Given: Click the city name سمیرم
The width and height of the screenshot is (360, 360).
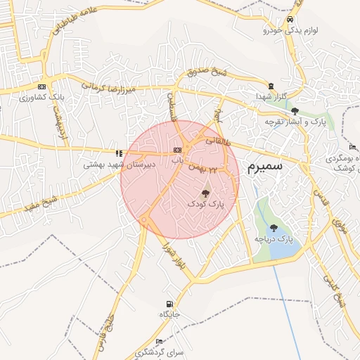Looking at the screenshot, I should pyautogui.click(x=265, y=167).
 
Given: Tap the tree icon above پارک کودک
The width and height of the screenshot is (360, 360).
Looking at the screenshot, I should pyautogui.click(x=205, y=193).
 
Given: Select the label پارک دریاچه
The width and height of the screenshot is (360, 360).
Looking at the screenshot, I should pyautogui.click(x=273, y=240).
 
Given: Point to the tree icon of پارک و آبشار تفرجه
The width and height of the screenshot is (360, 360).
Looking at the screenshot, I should pyautogui.click(x=295, y=111).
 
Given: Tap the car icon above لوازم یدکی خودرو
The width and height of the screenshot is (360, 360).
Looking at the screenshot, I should pyautogui.click(x=290, y=20).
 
